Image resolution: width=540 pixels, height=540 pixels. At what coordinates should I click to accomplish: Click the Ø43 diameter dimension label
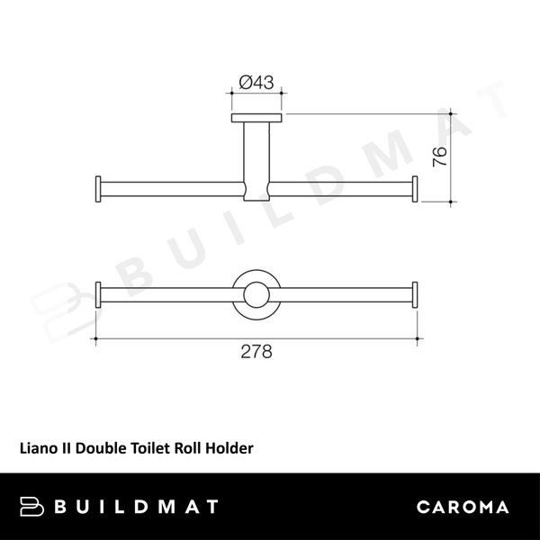click(x=257, y=83)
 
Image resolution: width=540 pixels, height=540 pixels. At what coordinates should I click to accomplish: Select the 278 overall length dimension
click(x=256, y=352)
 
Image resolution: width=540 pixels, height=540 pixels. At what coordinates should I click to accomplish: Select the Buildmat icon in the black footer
click(x=32, y=507)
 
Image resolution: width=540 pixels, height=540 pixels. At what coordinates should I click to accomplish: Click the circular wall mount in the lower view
click(x=257, y=294)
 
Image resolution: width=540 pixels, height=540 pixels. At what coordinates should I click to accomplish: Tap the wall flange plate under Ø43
click(x=257, y=118)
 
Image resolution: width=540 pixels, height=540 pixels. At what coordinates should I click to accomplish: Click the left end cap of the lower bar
click(x=99, y=294)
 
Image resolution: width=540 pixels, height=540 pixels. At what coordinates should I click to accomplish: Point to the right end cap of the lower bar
click(x=415, y=294)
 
